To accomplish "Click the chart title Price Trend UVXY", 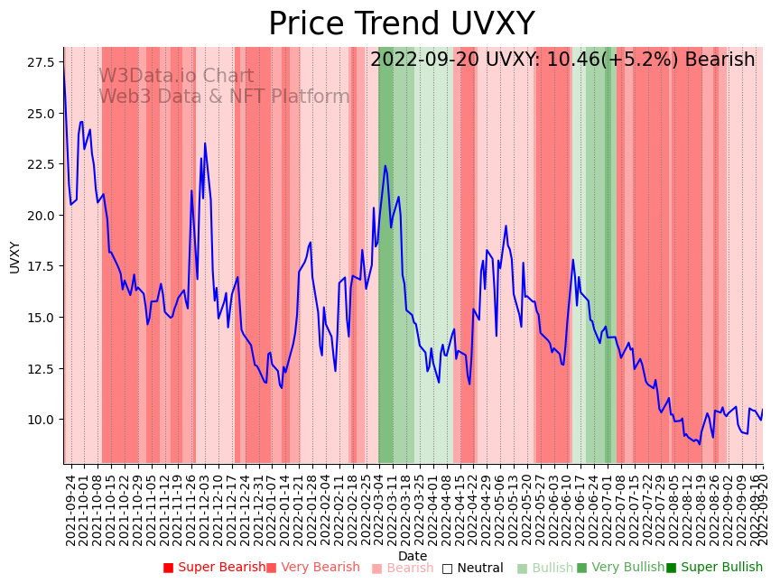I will tap(401, 24).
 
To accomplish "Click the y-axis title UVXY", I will tap(15, 256).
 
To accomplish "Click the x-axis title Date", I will tap(413, 556).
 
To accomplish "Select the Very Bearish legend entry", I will tap(313, 568).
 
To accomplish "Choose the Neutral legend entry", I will tap(473, 568).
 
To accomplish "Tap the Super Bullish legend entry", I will tap(714, 568).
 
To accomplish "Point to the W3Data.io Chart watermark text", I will tap(176, 77).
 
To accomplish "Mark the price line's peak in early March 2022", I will tap(385, 165).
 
